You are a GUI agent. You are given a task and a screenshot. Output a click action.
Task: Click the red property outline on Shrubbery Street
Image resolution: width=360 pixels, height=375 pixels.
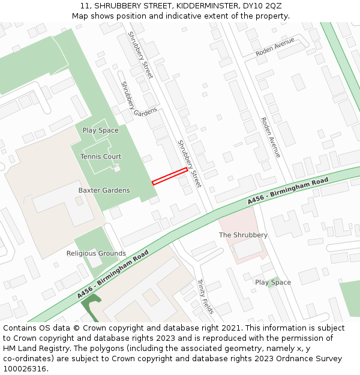(x=170, y=176)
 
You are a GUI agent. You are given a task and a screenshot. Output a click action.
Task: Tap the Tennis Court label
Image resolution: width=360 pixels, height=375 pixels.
(x=101, y=157)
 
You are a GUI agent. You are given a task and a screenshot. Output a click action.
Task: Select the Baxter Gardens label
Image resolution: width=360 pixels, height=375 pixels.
(x=104, y=190)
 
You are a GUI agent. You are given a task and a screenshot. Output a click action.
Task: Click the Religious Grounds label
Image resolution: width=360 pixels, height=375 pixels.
(x=96, y=253)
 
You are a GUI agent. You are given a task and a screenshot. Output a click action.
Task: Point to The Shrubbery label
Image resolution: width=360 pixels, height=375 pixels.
(x=243, y=235)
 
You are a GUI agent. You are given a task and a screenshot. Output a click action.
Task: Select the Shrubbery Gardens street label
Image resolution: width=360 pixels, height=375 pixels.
(x=138, y=99)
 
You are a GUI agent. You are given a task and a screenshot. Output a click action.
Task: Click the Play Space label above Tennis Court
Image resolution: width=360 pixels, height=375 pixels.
(x=101, y=130)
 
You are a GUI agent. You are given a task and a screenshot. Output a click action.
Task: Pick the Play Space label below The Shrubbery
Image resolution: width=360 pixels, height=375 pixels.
(x=273, y=282)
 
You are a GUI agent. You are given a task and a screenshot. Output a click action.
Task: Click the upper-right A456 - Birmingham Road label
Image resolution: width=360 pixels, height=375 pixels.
(x=288, y=191)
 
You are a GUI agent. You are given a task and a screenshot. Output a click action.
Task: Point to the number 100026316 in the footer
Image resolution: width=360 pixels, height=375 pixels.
(x=25, y=368)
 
